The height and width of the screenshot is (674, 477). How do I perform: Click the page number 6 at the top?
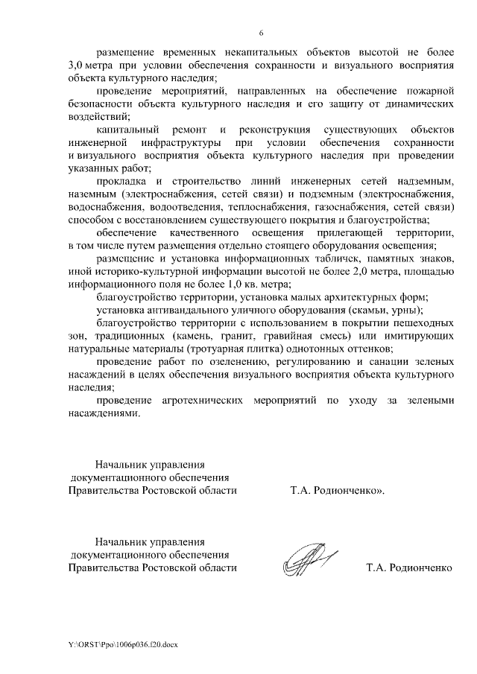pyautogui.click(x=261, y=33)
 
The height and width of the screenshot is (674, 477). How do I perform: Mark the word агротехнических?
pyautogui.click(x=203, y=400)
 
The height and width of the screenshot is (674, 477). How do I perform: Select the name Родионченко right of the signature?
pyautogui.click(x=420, y=568)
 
